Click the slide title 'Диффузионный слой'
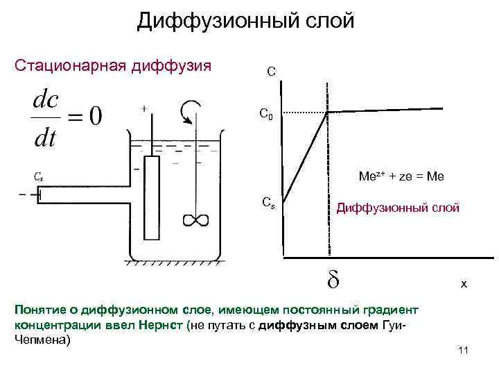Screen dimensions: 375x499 coord(245,21)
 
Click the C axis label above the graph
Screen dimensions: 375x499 coord(272,71)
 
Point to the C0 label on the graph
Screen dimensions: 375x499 coord(266,114)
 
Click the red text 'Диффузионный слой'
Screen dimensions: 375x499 coord(397,207)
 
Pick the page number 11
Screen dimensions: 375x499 coord(464,350)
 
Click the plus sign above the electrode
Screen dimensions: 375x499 coord(143,108)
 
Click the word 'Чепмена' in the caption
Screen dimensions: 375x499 coord(42,341)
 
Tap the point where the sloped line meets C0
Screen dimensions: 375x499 coord(328,112)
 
